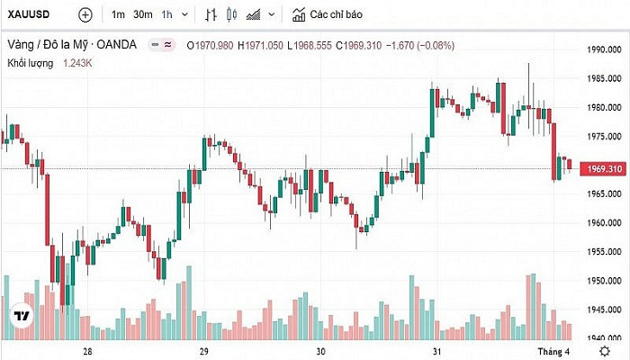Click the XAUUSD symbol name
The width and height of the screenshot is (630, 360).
click(x=30, y=14)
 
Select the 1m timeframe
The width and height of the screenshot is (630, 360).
click(x=119, y=14)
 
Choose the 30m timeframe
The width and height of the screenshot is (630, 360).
click(x=143, y=14)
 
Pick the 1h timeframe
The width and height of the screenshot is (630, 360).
click(x=167, y=14)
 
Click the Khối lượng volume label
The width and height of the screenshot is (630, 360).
click(x=31, y=63)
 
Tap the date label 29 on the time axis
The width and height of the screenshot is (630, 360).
click(x=204, y=351)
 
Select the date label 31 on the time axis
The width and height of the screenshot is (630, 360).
click(x=437, y=351)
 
